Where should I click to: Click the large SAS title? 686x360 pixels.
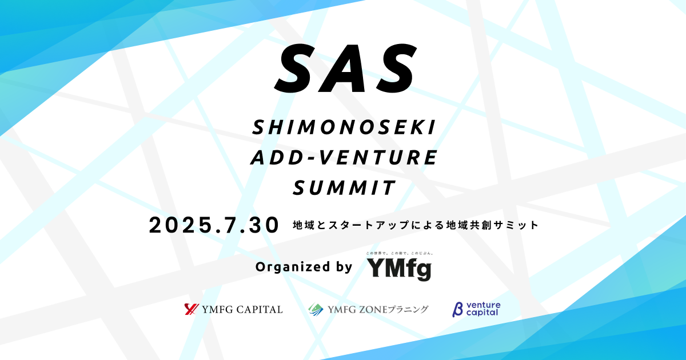click(344, 68)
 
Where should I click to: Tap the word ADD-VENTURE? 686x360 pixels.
click(344, 158)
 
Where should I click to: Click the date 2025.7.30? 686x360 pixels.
click(214, 225)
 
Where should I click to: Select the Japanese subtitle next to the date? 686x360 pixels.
click(415, 225)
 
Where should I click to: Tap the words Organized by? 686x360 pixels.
click(304, 266)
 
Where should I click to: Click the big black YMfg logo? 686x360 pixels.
click(398, 269)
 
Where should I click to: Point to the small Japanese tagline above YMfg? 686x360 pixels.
click(398, 253)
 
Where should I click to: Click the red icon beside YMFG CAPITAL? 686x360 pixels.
click(191, 309)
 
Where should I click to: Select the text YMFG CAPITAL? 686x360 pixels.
click(242, 310)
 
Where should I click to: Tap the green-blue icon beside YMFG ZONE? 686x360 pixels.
click(316, 309)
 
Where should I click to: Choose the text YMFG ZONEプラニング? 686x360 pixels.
click(378, 310)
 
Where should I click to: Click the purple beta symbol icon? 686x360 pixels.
click(457, 309)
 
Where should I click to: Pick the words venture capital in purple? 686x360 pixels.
click(482, 309)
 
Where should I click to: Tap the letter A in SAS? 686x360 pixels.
click(343, 68)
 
